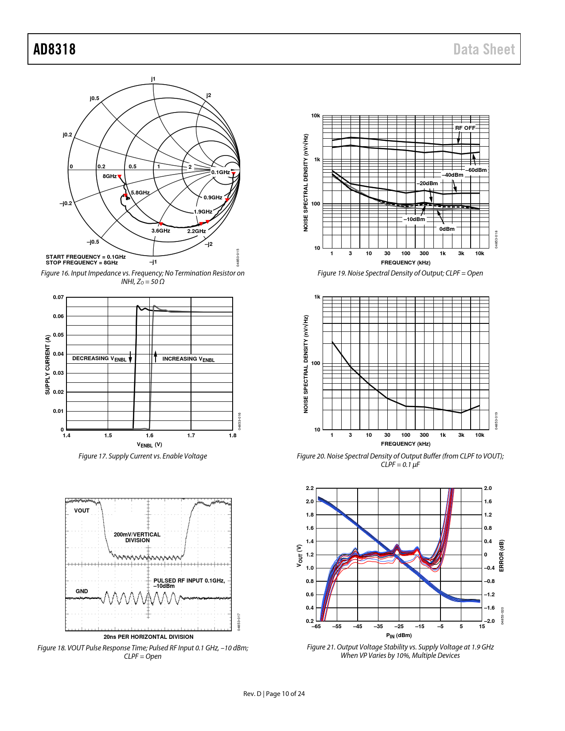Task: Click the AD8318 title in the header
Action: (55, 49)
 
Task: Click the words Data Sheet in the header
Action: (484, 49)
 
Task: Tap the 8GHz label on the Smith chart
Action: (109, 176)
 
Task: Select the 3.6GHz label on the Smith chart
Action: (160, 231)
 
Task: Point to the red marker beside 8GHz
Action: (119, 177)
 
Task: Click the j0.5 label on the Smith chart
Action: (94, 98)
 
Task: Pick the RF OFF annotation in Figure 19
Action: (465, 128)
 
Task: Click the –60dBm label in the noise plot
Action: (476, 170)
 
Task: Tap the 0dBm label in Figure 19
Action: (447, 229)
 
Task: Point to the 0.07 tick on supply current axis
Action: (58, 297)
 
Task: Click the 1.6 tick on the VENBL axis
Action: (150, 435)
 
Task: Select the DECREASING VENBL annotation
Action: (99, 358)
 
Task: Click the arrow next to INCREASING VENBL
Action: (156, 356)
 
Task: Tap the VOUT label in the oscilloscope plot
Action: (82, 511)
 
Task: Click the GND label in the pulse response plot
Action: (82, 591)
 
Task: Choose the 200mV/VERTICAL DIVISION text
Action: (137, 537)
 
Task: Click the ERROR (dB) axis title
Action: (502, 556)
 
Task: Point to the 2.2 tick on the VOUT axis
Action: (309, 488)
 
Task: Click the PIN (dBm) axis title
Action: (399, 635)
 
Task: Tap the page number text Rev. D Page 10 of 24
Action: (274, 694)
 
